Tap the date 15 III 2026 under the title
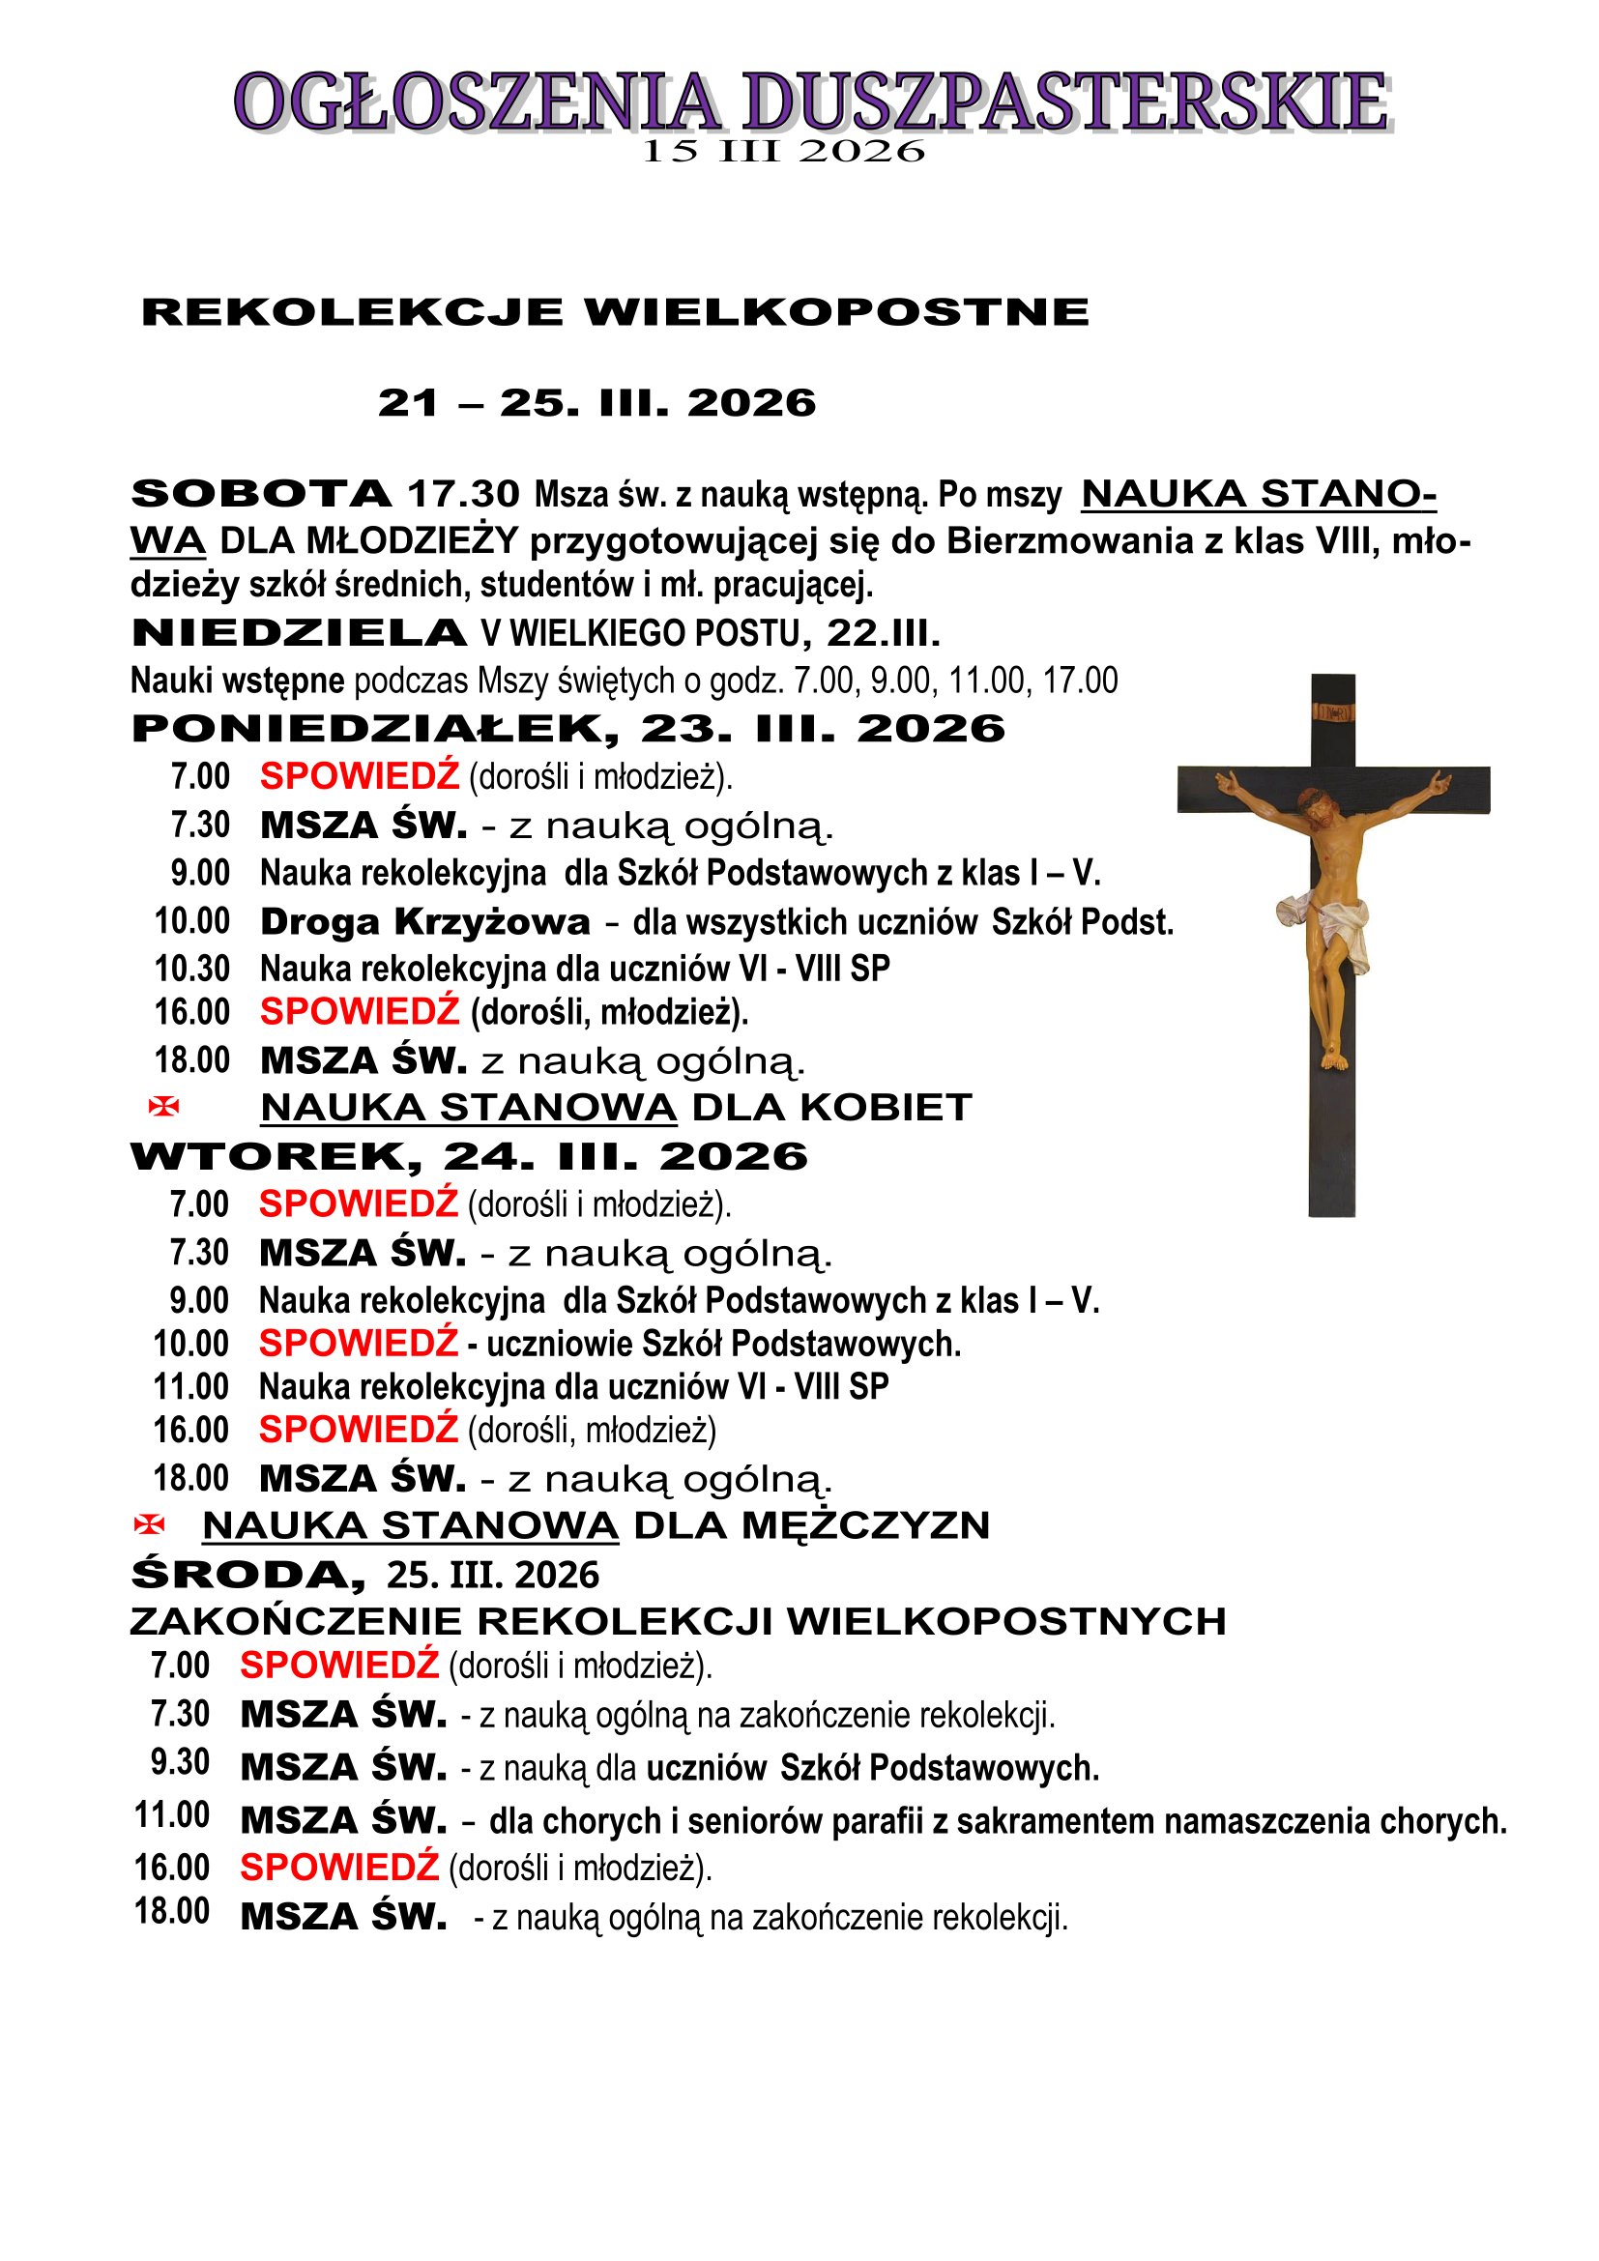[783, 152]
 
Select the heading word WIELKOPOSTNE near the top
[836, 312]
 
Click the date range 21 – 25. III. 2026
[596, 403]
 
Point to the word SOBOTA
[261, 493]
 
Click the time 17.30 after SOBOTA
[463, 493]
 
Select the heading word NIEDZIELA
[300, 633]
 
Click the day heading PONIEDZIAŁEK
[375, 730]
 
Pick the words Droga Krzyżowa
[424, 923]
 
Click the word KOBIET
[886, 1108]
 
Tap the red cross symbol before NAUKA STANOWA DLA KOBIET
[163, 1107]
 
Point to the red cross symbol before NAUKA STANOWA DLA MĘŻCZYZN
[149, 1525]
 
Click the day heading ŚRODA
[247, 1576]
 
